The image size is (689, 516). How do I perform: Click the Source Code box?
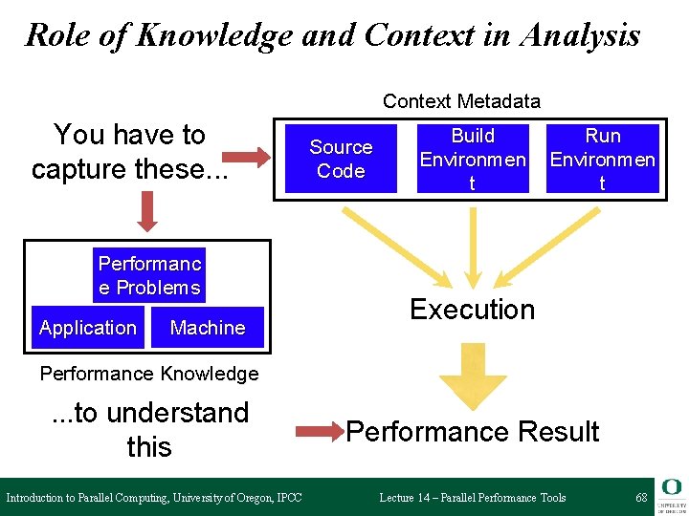point(341,159)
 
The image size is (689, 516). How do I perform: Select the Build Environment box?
point(473,159)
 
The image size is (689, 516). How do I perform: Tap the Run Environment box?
point(603,159)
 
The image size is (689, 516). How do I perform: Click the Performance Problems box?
point(149,275)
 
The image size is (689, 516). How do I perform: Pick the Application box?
point(88,328)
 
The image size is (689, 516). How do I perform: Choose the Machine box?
point(207,328)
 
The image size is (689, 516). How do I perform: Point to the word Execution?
point(472,310)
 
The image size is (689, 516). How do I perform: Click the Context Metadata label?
point(461,101)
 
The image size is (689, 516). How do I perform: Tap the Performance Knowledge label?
point(149,374)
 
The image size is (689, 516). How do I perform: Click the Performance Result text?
point(473,432)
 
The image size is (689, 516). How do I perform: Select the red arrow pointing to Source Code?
point(251,157)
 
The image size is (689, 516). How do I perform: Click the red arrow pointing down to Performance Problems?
point(147,210)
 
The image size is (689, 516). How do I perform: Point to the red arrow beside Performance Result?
point(320,433)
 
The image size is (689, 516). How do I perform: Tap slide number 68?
point(641,498)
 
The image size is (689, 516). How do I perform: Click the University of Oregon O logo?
point(671,488)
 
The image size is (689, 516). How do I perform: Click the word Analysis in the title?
point(580,35)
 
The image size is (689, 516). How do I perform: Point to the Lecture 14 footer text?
point(472,498)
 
